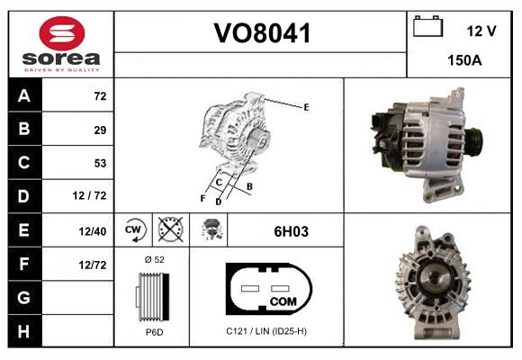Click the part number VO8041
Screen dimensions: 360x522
pos(261,34)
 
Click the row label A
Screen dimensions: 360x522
pos(23,96)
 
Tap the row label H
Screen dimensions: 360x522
pos(23,330)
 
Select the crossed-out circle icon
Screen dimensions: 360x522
pos(170,230)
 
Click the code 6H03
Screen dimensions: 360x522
pos(291,231)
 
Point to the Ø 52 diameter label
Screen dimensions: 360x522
pos(153,259)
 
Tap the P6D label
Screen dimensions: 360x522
pos(153,332)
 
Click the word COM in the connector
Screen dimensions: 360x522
pos(283,300)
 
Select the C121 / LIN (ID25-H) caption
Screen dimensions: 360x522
pos(267,332)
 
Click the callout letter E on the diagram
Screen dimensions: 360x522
pos(306,107)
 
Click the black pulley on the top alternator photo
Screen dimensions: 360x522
pos(472,141)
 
